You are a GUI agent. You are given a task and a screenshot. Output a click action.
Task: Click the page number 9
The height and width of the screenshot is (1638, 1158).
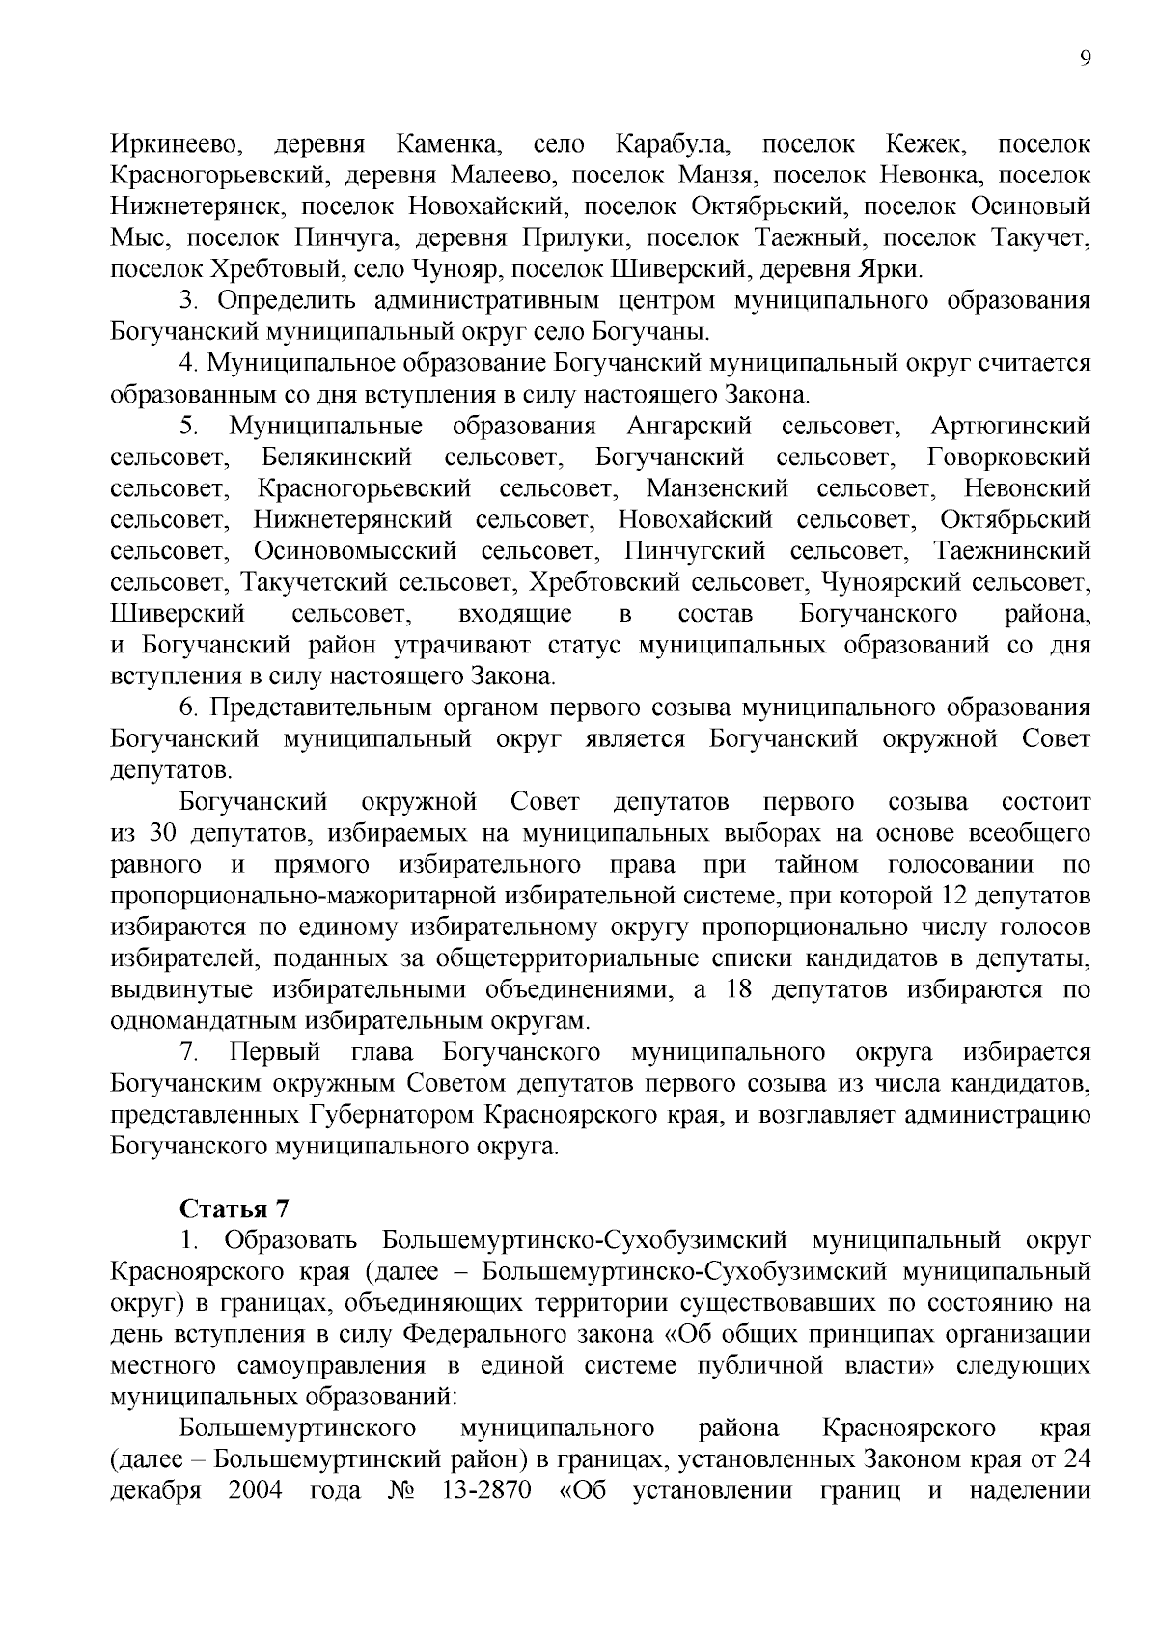pyautogui.click(x=1085, y=58)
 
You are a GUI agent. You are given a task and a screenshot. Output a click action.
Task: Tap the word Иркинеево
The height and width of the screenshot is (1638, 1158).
pyautogui.click(x=175, y=145)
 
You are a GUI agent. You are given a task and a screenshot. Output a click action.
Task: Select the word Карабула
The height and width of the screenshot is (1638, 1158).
pyautogui.click(x=673, y=145)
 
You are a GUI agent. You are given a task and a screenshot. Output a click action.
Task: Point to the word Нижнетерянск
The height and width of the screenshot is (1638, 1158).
pyautogui.click(x=198, y=207)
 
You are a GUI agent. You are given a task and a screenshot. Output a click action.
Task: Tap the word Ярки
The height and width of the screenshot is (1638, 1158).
pyautogui.click(x=895, y=269)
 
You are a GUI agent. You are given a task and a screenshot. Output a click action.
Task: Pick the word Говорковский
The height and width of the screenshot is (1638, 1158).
pyautogui.click(x=1008, y=458)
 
